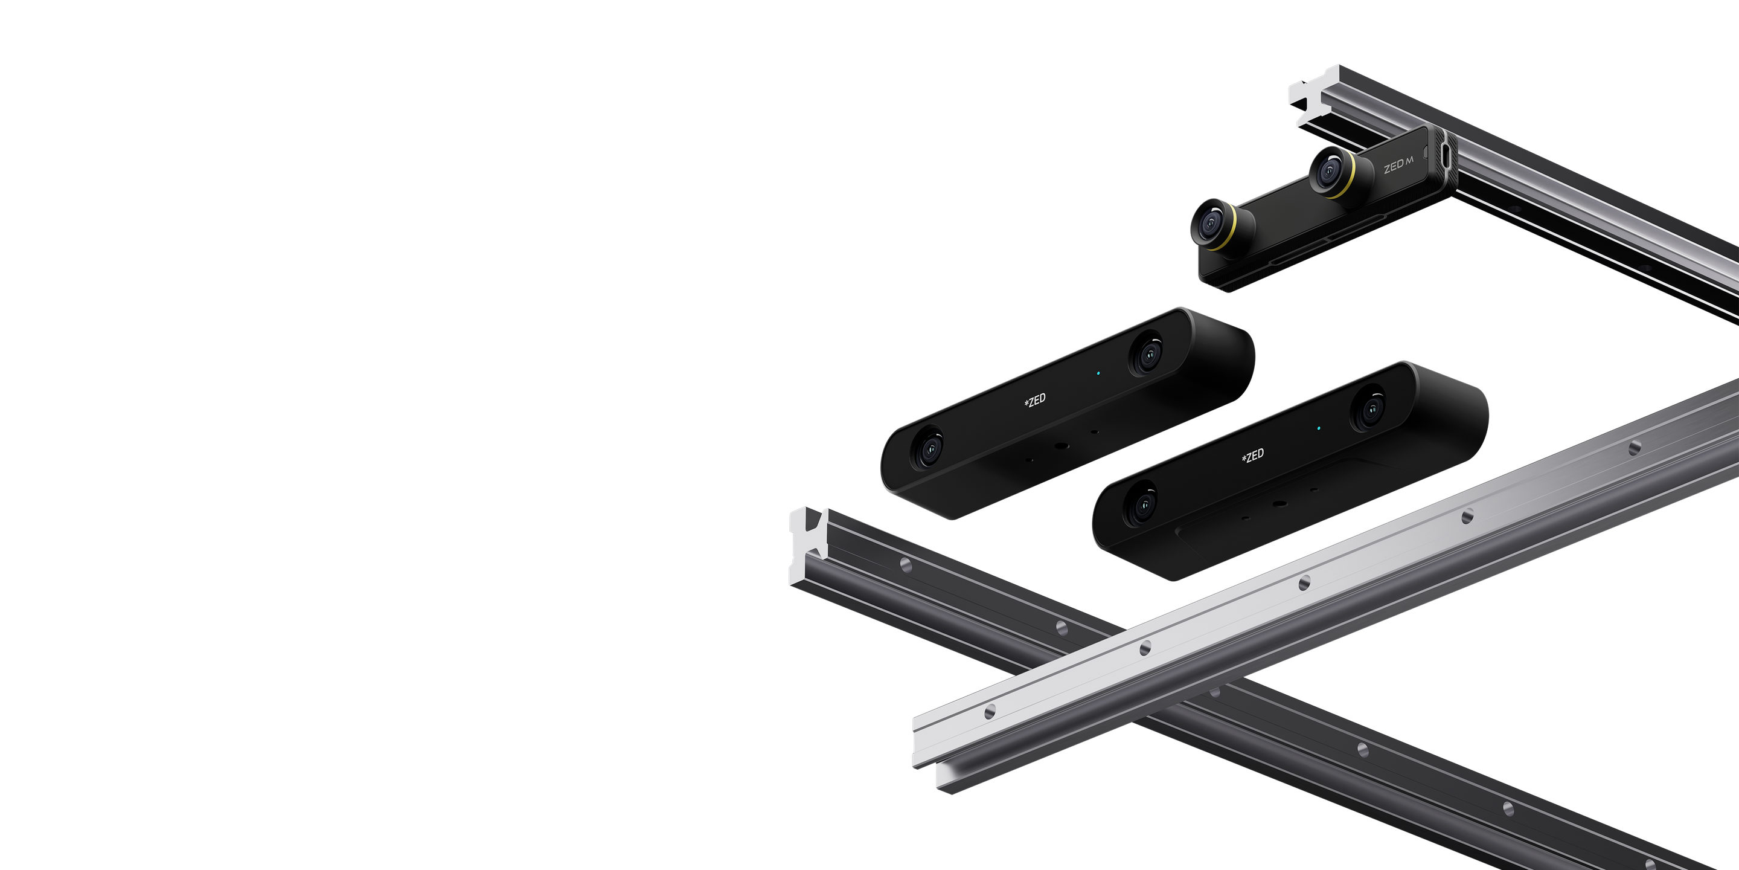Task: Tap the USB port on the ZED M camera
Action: pos(1443,155)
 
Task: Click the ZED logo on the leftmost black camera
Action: pos(1035,400)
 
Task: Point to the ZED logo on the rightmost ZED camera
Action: pos(1253,456)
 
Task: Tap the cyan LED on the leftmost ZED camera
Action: pos(1098,373)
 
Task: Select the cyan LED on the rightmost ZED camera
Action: pos(1318,428)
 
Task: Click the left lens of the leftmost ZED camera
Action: pos(928,448)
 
